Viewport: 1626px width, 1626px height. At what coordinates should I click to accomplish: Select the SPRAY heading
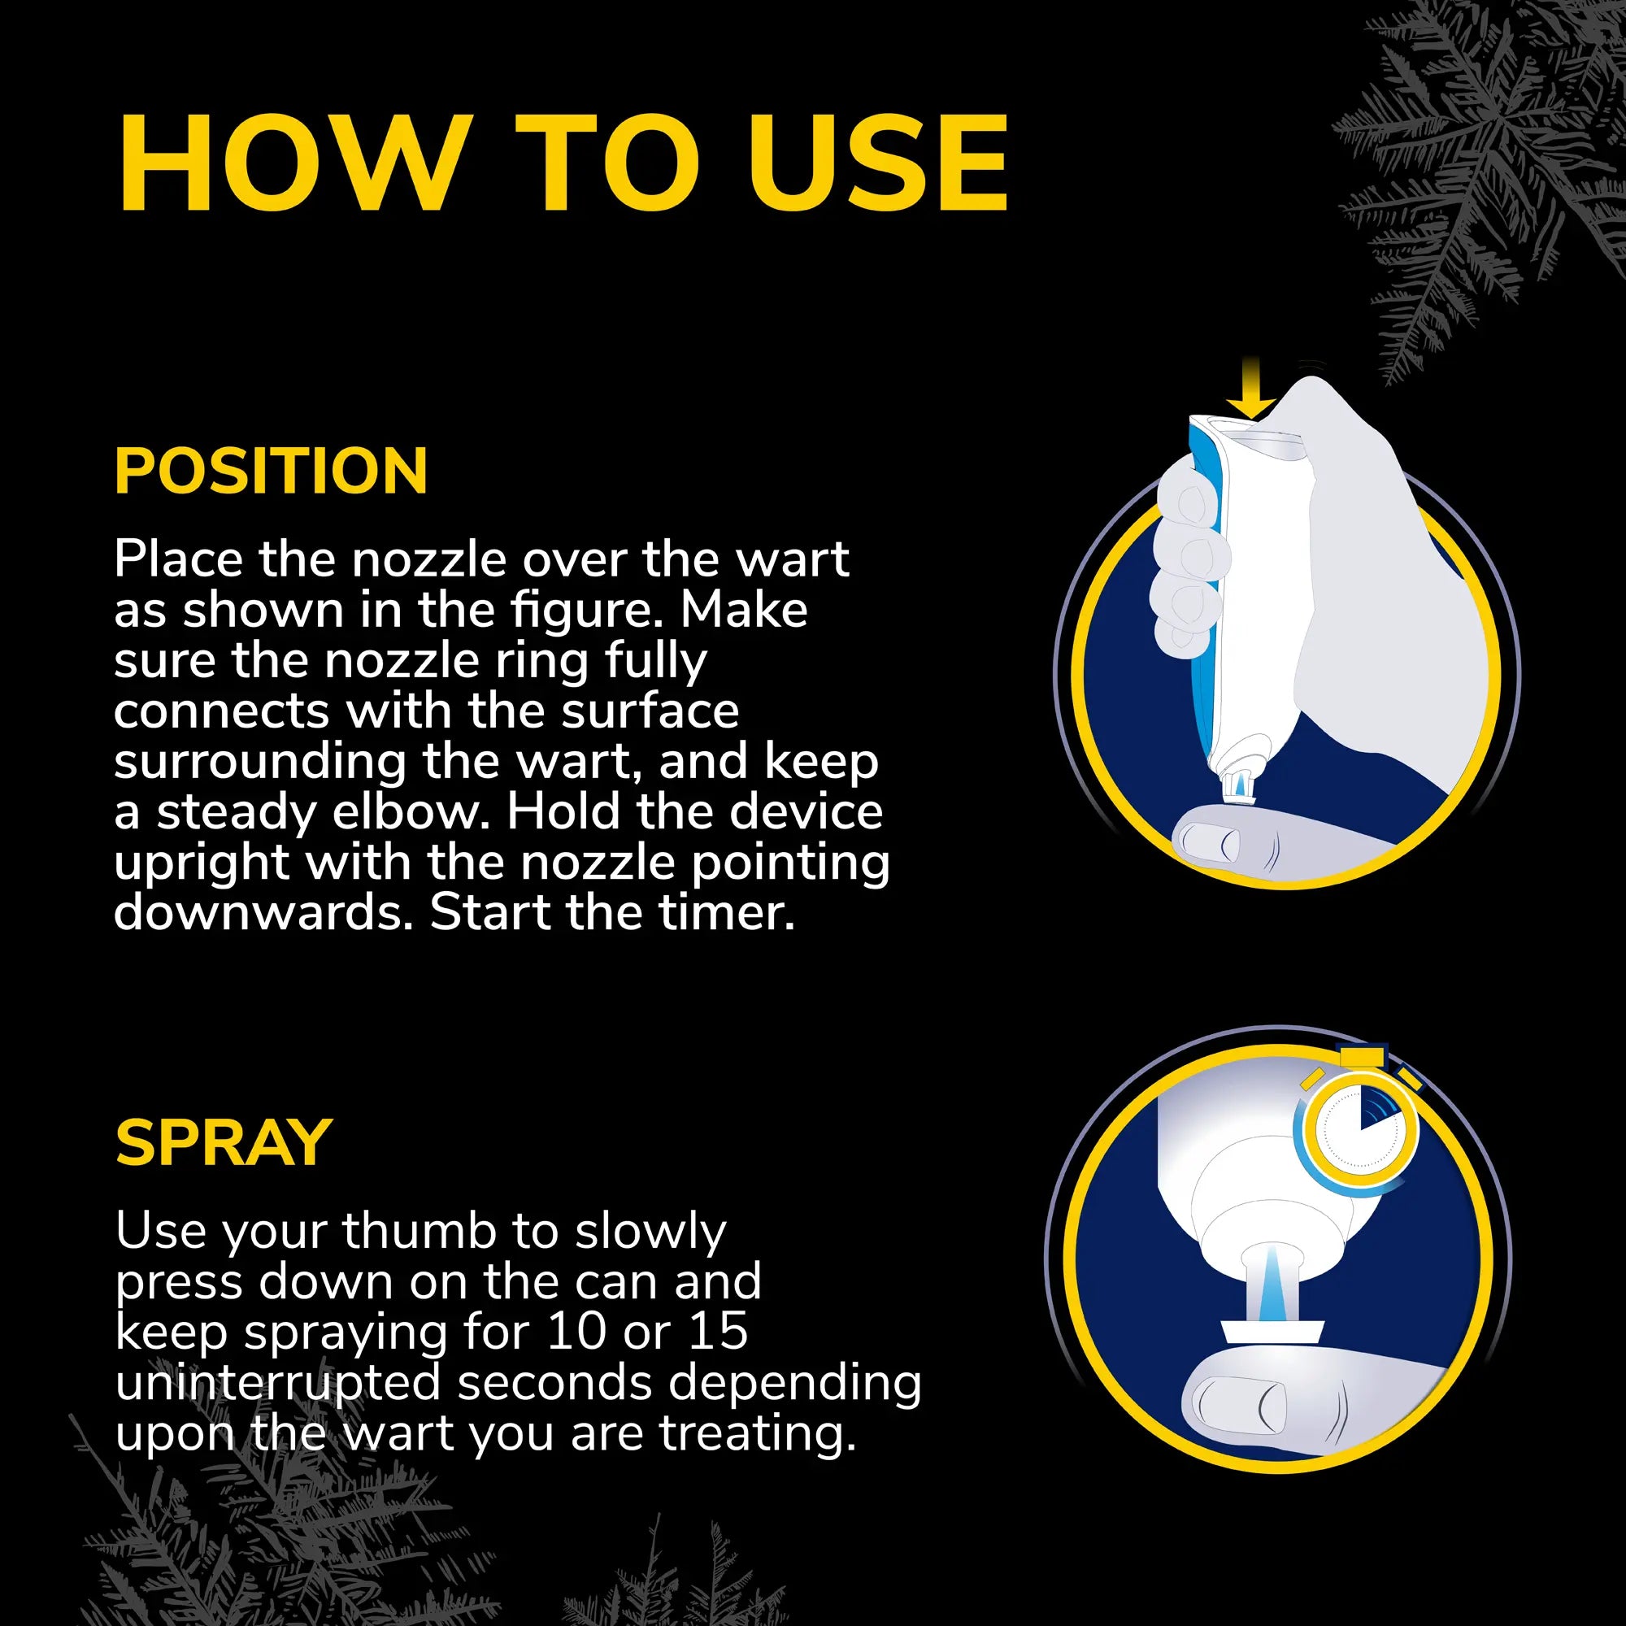click(224, 1143)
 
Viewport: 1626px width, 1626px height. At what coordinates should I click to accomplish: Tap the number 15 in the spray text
click(718, 1332)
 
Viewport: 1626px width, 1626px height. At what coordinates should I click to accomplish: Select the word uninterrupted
click(278, 1383)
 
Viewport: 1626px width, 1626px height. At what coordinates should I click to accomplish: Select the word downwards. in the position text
click(263, 913)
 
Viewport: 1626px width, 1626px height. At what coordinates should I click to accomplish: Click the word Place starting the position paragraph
click(178, 559)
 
